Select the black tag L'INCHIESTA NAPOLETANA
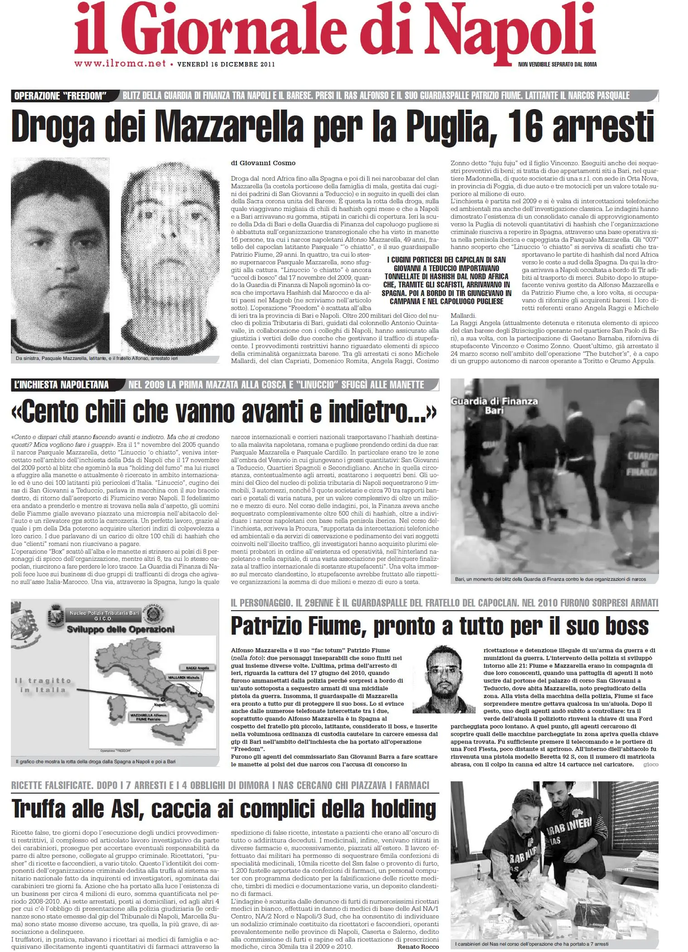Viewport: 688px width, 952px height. tap(62, 385)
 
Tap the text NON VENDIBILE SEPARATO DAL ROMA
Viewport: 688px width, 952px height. tap(557, 64)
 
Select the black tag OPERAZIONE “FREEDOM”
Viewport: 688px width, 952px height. tap(60, 96)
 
